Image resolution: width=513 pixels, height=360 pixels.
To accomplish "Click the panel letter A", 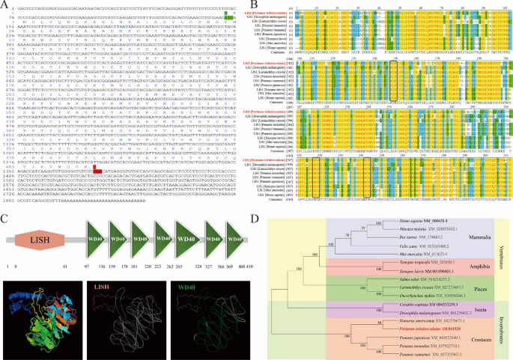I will click(4, 4).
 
